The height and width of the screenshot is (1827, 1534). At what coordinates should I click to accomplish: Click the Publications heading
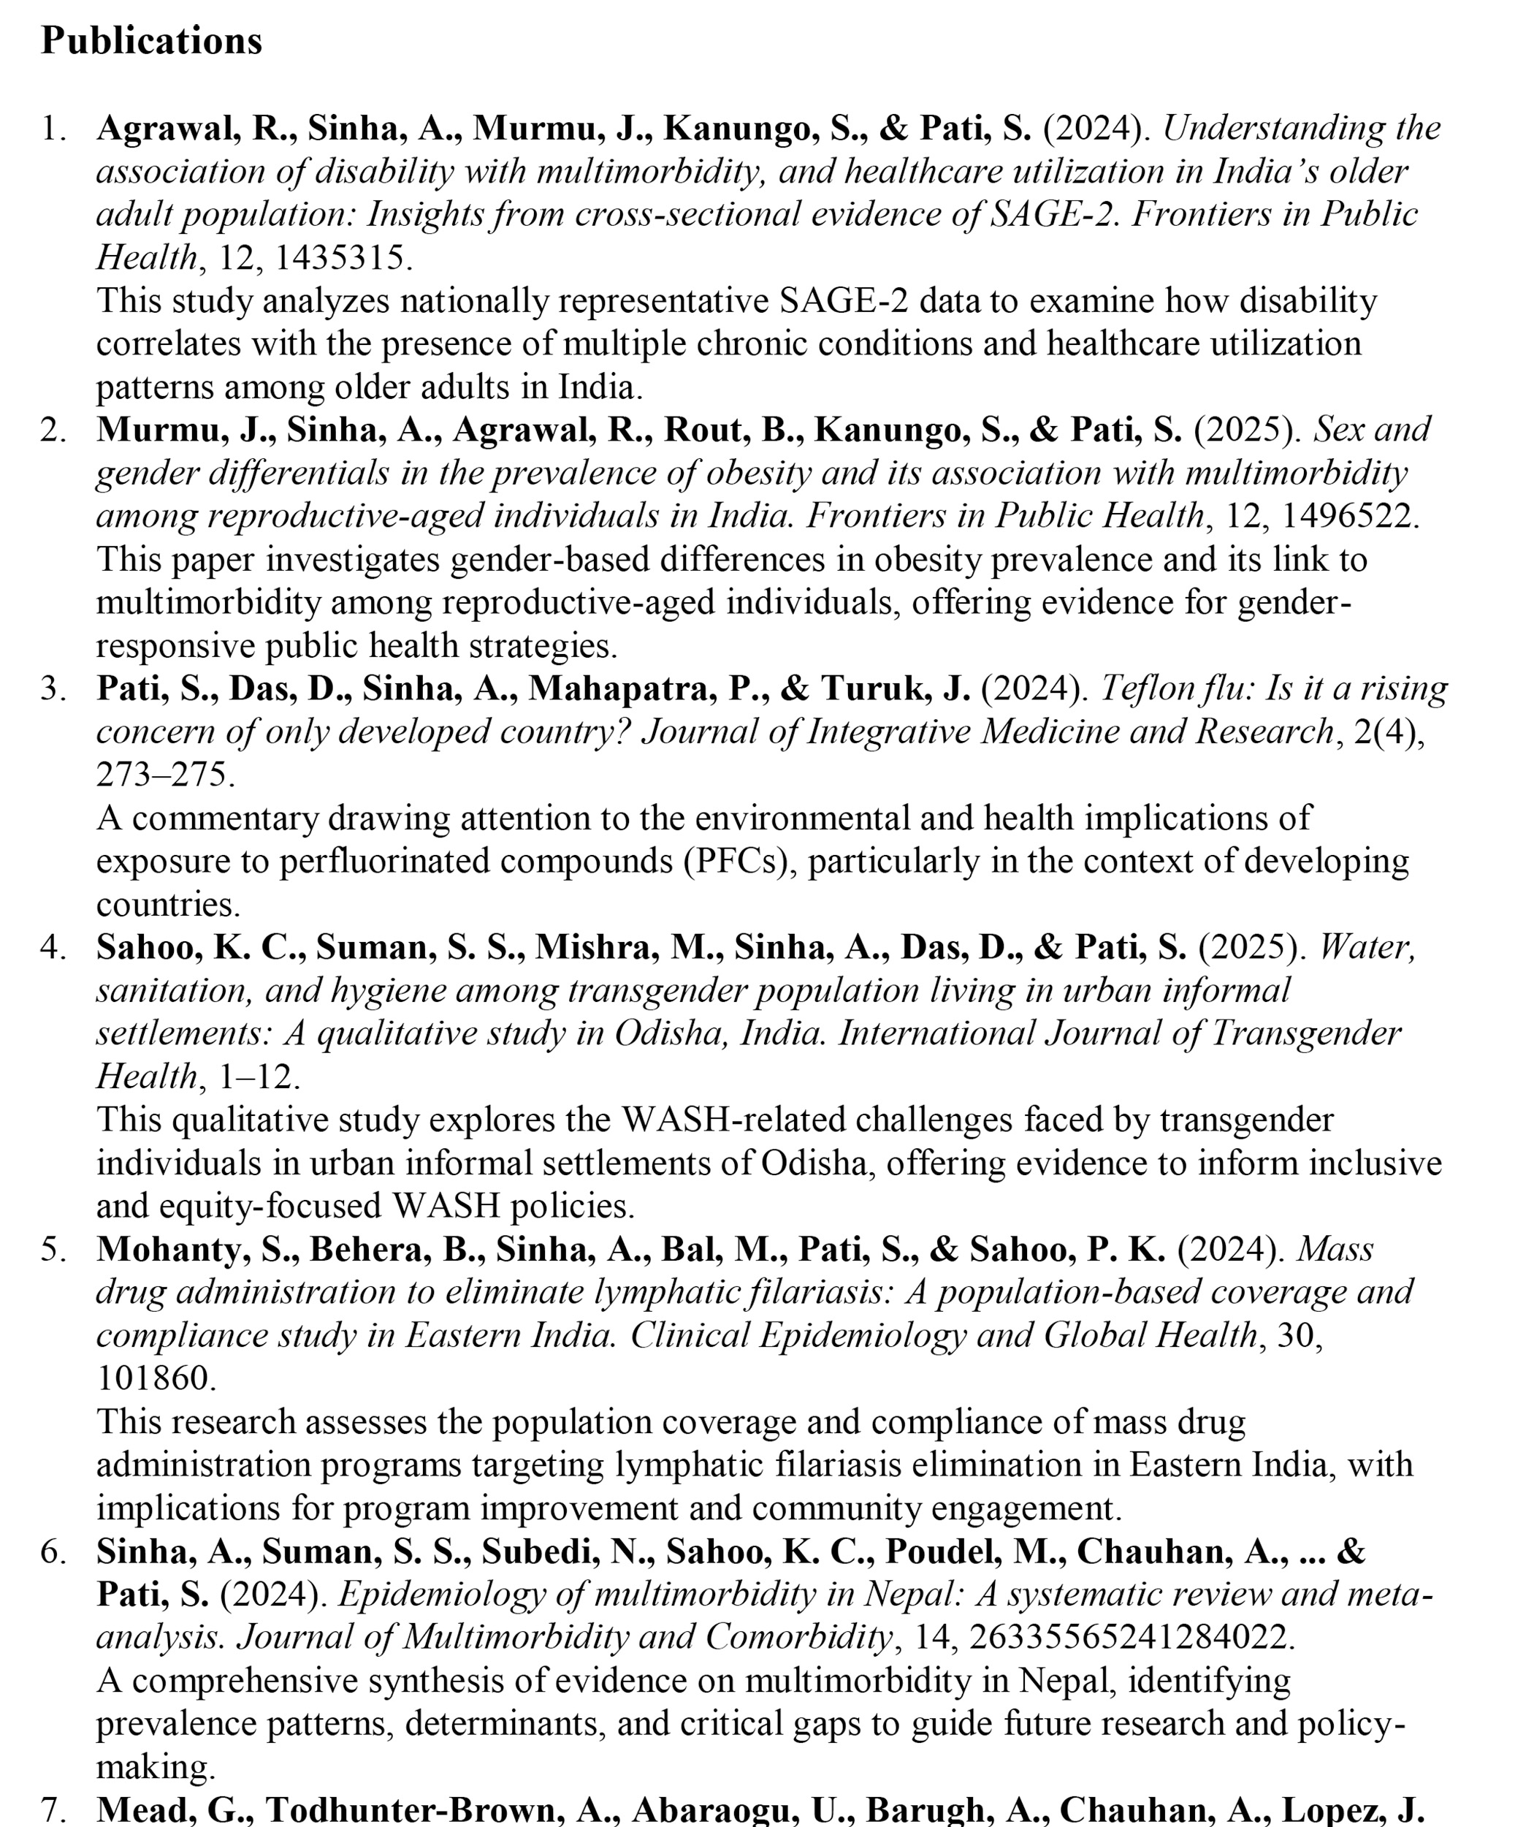pyautogui.click(x=151, y=41)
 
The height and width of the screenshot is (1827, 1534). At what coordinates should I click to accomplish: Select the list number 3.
pyautogui.click(x=52, y=689)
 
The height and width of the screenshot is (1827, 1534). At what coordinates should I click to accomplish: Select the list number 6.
pyautogui.click(x=52, y=1552)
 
